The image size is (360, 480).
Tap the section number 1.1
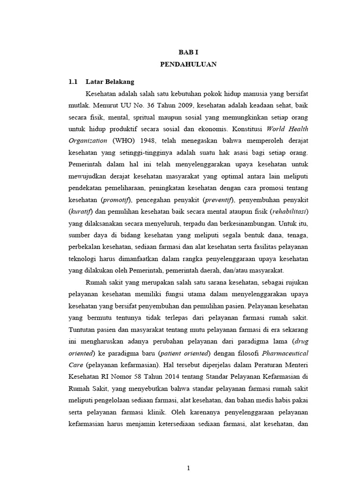click(x=73, y=81)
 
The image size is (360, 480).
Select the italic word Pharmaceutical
click(x=285, y=352)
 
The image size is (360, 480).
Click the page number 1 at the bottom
click(x=188, y=468)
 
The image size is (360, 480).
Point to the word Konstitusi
click(x=247, y=128)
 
